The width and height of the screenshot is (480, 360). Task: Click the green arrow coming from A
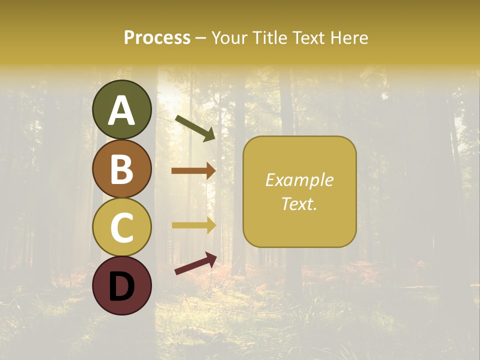pos(195,127)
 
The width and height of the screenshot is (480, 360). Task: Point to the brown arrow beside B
pos(193,171)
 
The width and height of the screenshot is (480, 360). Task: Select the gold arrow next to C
pos(193,225)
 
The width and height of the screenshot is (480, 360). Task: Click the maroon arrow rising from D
pos(195,263)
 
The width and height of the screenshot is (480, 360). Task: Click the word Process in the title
pos(157,37)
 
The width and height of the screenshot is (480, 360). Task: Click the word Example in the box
pos(299,180)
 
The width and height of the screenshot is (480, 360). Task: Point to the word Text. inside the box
pos(299,203)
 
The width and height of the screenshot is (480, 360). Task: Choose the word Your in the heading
pos(230,37)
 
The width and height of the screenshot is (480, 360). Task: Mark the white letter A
pos(122,110)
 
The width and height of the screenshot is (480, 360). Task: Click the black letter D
pos(122,286)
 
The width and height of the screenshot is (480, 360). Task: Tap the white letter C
pos(122,227)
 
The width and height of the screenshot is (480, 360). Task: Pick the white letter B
pos(122,169)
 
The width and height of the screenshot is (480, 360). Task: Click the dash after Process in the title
pos(201,38)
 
